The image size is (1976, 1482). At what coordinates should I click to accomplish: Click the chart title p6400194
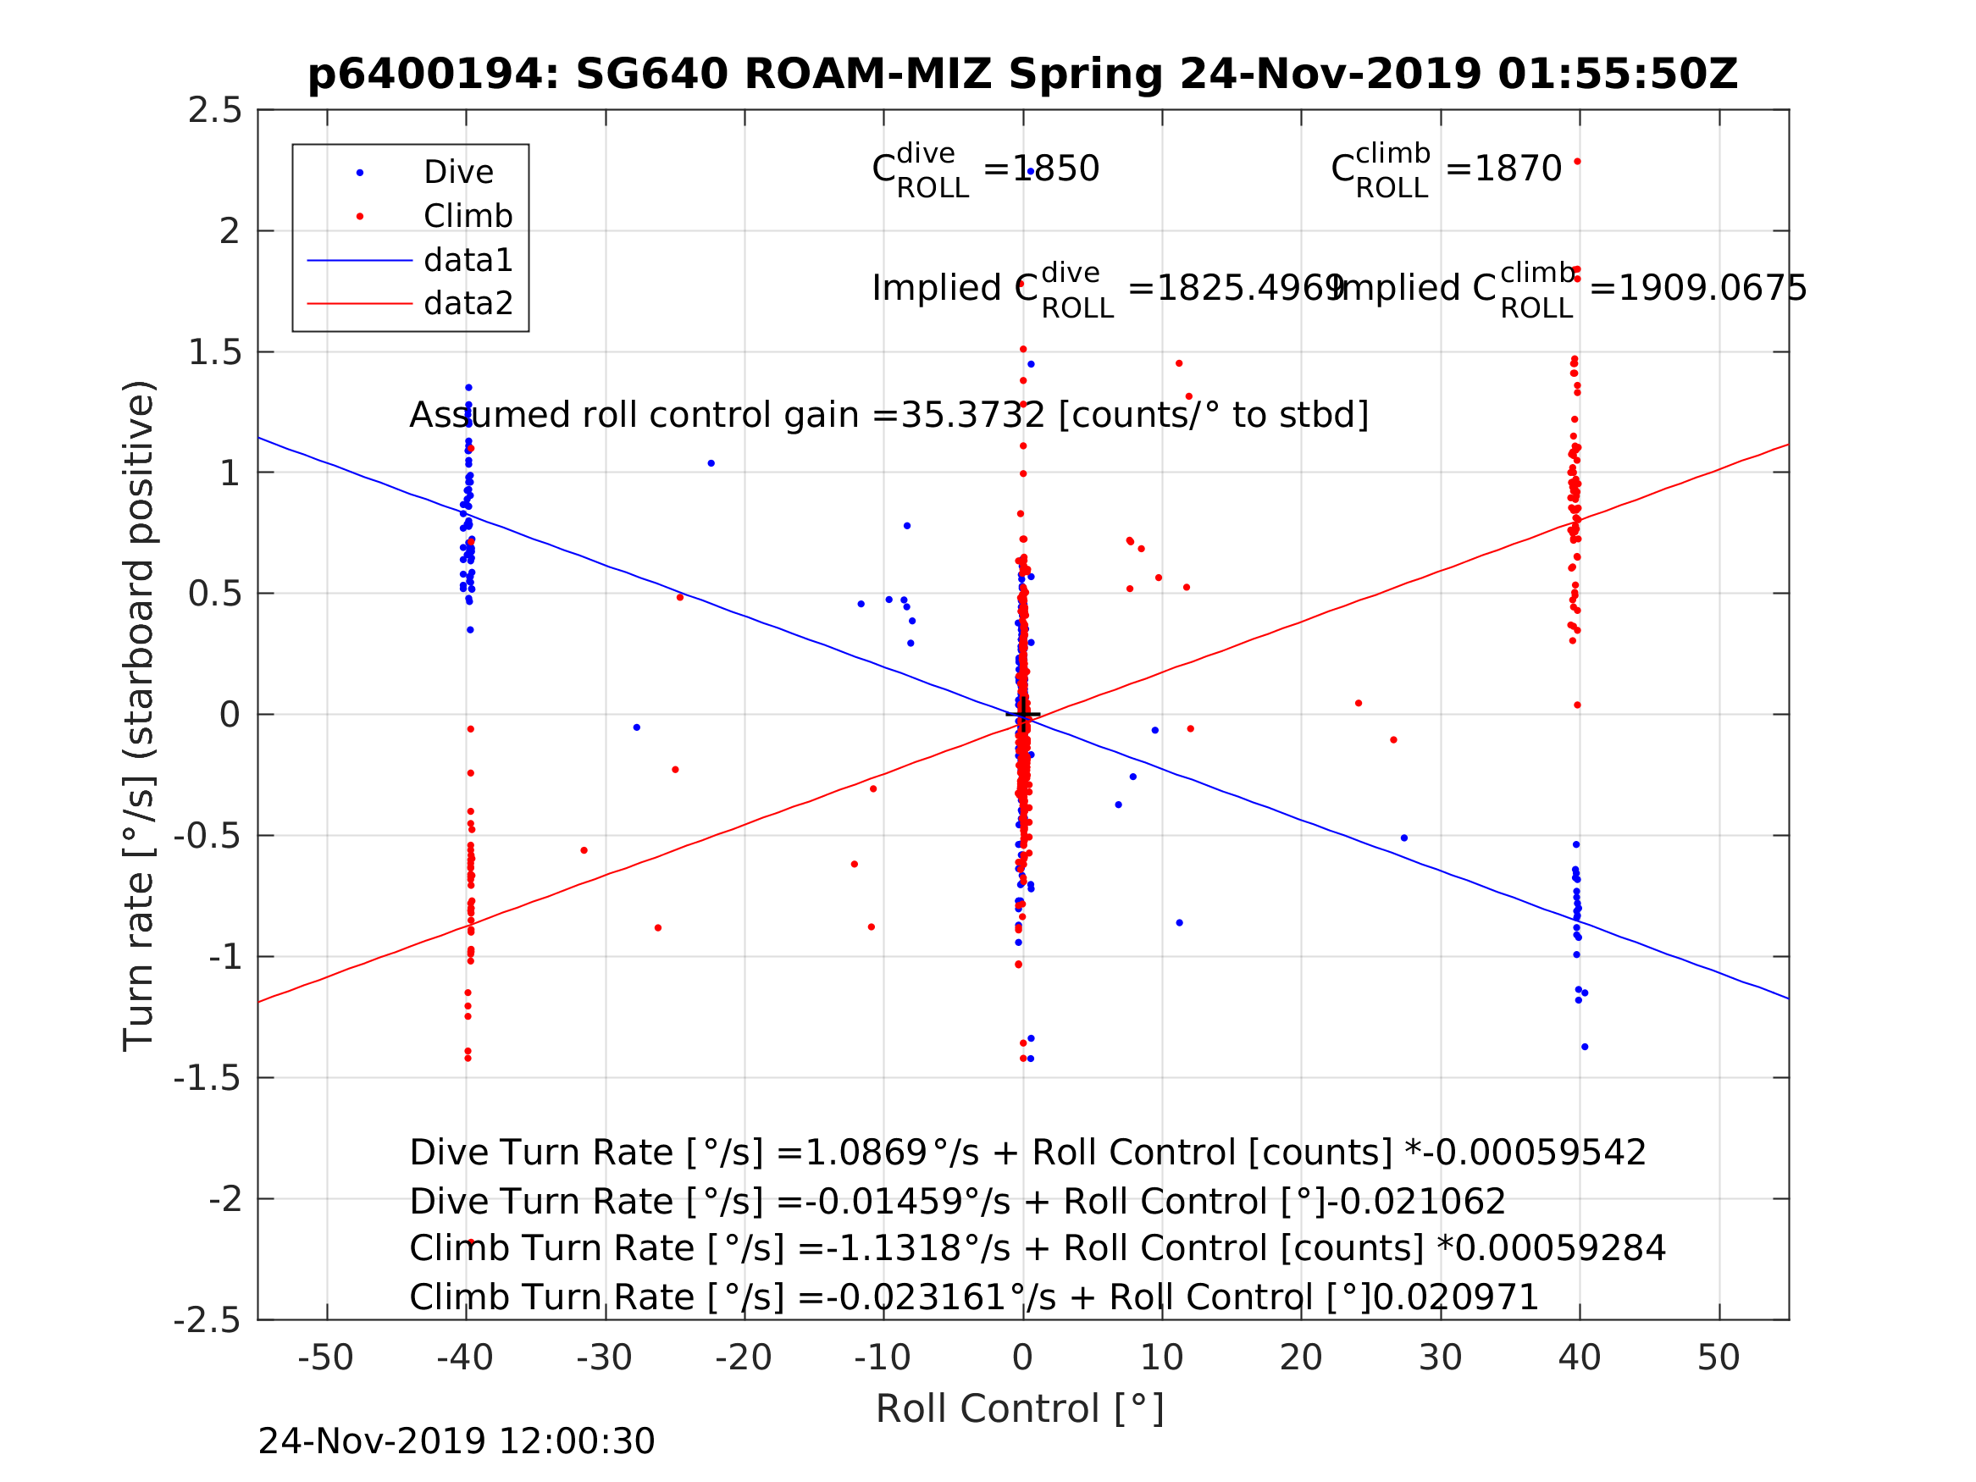tap(1022, 75)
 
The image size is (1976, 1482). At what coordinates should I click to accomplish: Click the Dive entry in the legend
tap(458, 173)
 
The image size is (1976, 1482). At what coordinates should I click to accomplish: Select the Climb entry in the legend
tap(468, 216)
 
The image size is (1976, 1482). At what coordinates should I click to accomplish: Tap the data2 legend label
tap(468, 304)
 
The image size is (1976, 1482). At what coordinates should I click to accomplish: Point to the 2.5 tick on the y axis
tap(214, 111)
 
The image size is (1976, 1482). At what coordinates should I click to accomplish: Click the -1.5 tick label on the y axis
tap(208, 1079)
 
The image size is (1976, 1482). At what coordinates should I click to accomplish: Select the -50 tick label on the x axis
tap(325, 1358)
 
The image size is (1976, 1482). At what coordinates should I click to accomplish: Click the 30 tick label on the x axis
tap(1440, 1358)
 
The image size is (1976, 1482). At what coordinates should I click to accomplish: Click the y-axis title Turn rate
tap(140, 716)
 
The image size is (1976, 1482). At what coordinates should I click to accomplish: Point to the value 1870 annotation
tap(1517, 169)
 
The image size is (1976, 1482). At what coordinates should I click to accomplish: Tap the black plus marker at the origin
tap(1023, 715)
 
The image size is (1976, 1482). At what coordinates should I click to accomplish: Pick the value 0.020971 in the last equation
tap(1454, 1297)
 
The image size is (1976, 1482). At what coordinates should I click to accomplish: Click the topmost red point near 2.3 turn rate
tap(1578, 162)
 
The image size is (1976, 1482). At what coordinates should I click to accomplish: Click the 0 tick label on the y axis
tap(230, 715)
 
